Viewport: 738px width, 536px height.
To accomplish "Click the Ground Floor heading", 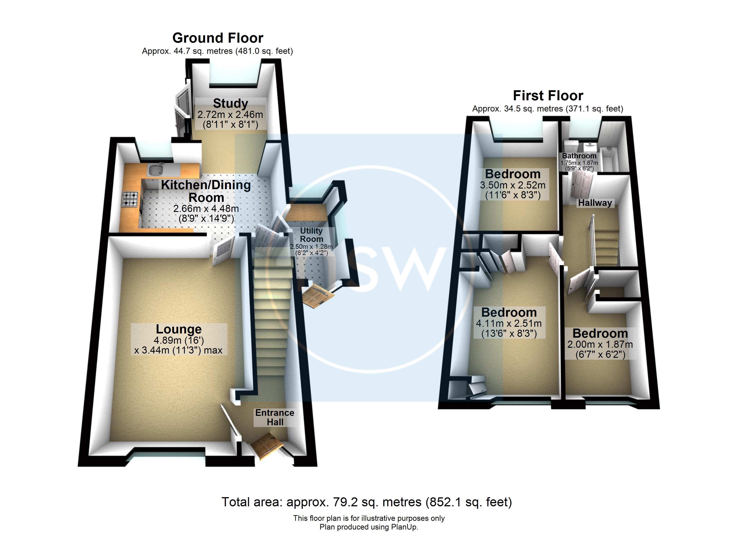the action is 218,38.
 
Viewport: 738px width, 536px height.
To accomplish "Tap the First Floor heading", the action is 548,96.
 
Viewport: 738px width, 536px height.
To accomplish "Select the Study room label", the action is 230,103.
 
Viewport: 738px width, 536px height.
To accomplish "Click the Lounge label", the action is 179,329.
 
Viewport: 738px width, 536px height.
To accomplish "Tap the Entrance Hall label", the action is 275,417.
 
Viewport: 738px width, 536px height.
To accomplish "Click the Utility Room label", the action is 311,235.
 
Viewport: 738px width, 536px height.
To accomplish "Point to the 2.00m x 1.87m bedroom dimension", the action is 600,344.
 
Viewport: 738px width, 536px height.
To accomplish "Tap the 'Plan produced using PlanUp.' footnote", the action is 369,527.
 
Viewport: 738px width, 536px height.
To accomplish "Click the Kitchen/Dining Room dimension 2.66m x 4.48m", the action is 206,208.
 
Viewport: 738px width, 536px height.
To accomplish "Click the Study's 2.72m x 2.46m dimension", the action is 230,114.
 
